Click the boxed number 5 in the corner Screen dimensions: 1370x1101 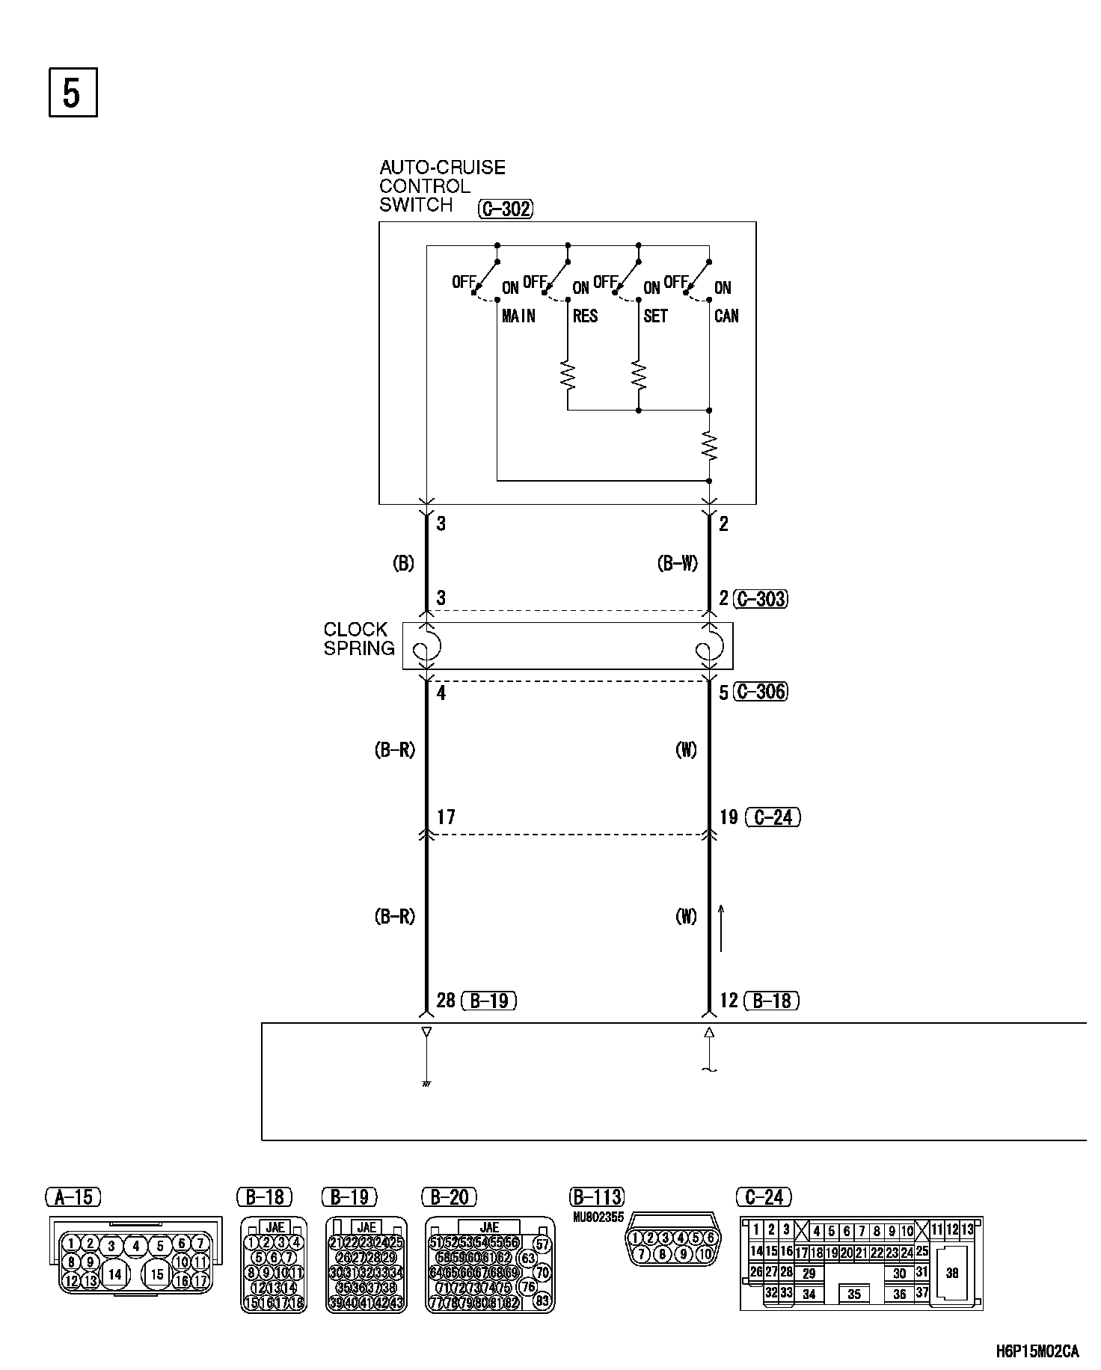[73, 93]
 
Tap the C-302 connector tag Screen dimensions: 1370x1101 [506, 209]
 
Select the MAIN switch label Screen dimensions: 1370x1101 [518, 316]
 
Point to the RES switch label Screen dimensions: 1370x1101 [585, 316]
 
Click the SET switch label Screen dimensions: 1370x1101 [655, 316]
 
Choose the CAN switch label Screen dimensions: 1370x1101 [726, 316]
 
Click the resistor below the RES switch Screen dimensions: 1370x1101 [568, 376]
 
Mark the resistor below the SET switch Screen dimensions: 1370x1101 [639, 376]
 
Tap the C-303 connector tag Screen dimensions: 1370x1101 [761, 598]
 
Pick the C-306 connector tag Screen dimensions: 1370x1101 [761, 692]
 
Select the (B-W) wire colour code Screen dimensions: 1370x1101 [677, 564]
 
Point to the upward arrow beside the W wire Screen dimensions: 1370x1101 [722, 927]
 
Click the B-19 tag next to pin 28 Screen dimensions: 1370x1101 [489, 1001]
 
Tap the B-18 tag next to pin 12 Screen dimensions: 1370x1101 [773, 1001]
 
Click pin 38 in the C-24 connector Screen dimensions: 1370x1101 [952, 1273]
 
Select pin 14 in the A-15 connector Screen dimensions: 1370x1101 [114, 1274]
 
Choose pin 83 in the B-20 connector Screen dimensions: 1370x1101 [543, 1300]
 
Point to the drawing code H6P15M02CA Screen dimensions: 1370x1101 [1037, 1351]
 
